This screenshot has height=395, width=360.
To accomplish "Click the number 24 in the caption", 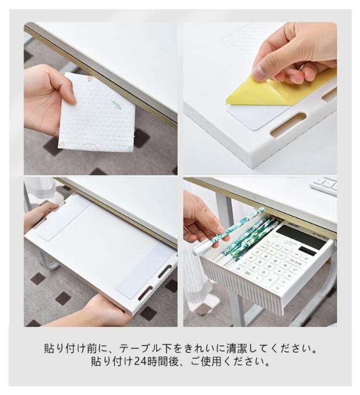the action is [140, 361].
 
